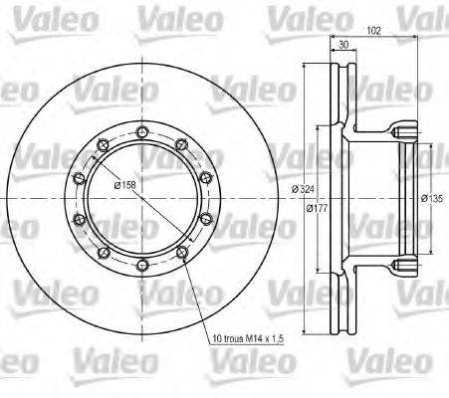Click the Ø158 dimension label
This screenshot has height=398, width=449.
point(124,185)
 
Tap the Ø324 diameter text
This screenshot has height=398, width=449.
point(303,189)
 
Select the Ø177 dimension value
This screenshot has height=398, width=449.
point(317,208)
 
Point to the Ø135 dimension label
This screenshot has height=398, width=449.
point(432,198)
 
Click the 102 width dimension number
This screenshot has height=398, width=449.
point(374,31)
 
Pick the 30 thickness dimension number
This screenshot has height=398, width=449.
point(343,45)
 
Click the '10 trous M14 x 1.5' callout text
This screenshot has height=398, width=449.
point(248,338)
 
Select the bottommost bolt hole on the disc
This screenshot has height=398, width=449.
point(142,265)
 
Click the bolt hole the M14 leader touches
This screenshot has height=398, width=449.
point(181,253)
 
